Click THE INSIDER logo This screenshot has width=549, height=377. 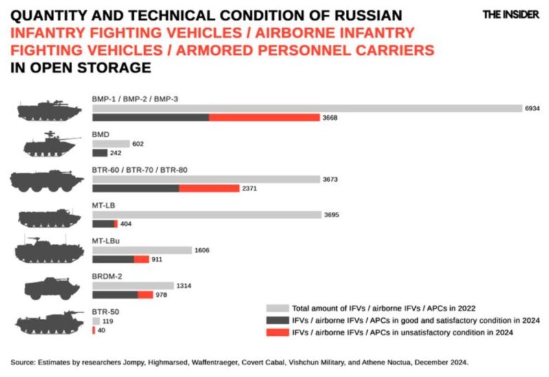coord(511,14)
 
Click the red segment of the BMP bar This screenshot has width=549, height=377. coord(264,118)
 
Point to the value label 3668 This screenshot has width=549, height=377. coord(331,118)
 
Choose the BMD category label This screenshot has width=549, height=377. coord(100,134)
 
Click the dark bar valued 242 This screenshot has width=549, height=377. coord(100,153)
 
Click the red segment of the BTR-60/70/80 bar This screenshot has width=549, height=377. coord(209,188)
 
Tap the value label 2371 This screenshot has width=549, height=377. coord(249,188)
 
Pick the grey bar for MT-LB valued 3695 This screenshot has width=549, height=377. coord(206,215)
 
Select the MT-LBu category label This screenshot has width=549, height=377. coord(106,241)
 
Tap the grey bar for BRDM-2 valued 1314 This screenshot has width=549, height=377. coord(132,285)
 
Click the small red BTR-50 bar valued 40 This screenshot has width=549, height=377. coord(93,330)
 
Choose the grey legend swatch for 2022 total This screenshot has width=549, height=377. coord(277,308)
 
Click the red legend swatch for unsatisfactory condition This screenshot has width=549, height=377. coord(277,332)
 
